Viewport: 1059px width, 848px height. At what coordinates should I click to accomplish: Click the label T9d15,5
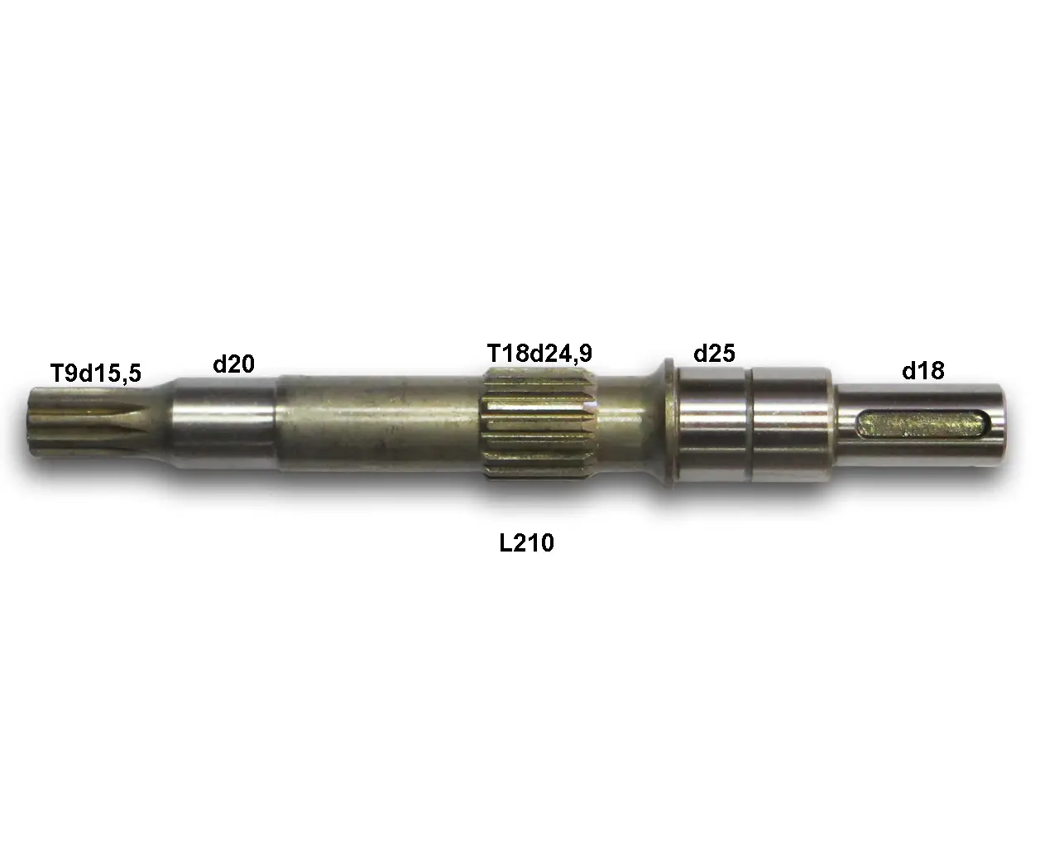(96, 373)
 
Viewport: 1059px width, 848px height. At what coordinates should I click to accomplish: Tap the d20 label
(234, 364)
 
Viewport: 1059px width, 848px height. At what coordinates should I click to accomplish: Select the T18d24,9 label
(539, 354)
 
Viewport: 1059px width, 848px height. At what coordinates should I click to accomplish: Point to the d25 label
(714, 354)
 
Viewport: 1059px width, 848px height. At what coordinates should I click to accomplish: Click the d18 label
(923, 370)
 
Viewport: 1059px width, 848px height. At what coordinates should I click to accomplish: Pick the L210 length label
(526, 543)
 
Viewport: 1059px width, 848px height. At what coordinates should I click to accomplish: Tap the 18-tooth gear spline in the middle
(539, 424)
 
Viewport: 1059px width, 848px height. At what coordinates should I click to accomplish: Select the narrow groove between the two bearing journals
(749, 425)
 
